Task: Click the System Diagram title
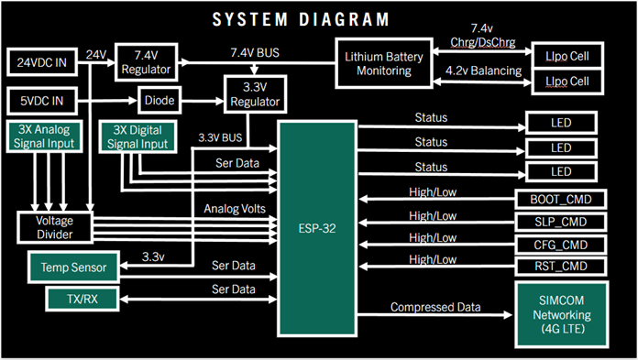(300, 19)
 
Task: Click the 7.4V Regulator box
(149, 63)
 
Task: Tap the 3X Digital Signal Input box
(138, 136)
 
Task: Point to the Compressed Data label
(436, 307)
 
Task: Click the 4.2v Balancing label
(484, 71)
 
